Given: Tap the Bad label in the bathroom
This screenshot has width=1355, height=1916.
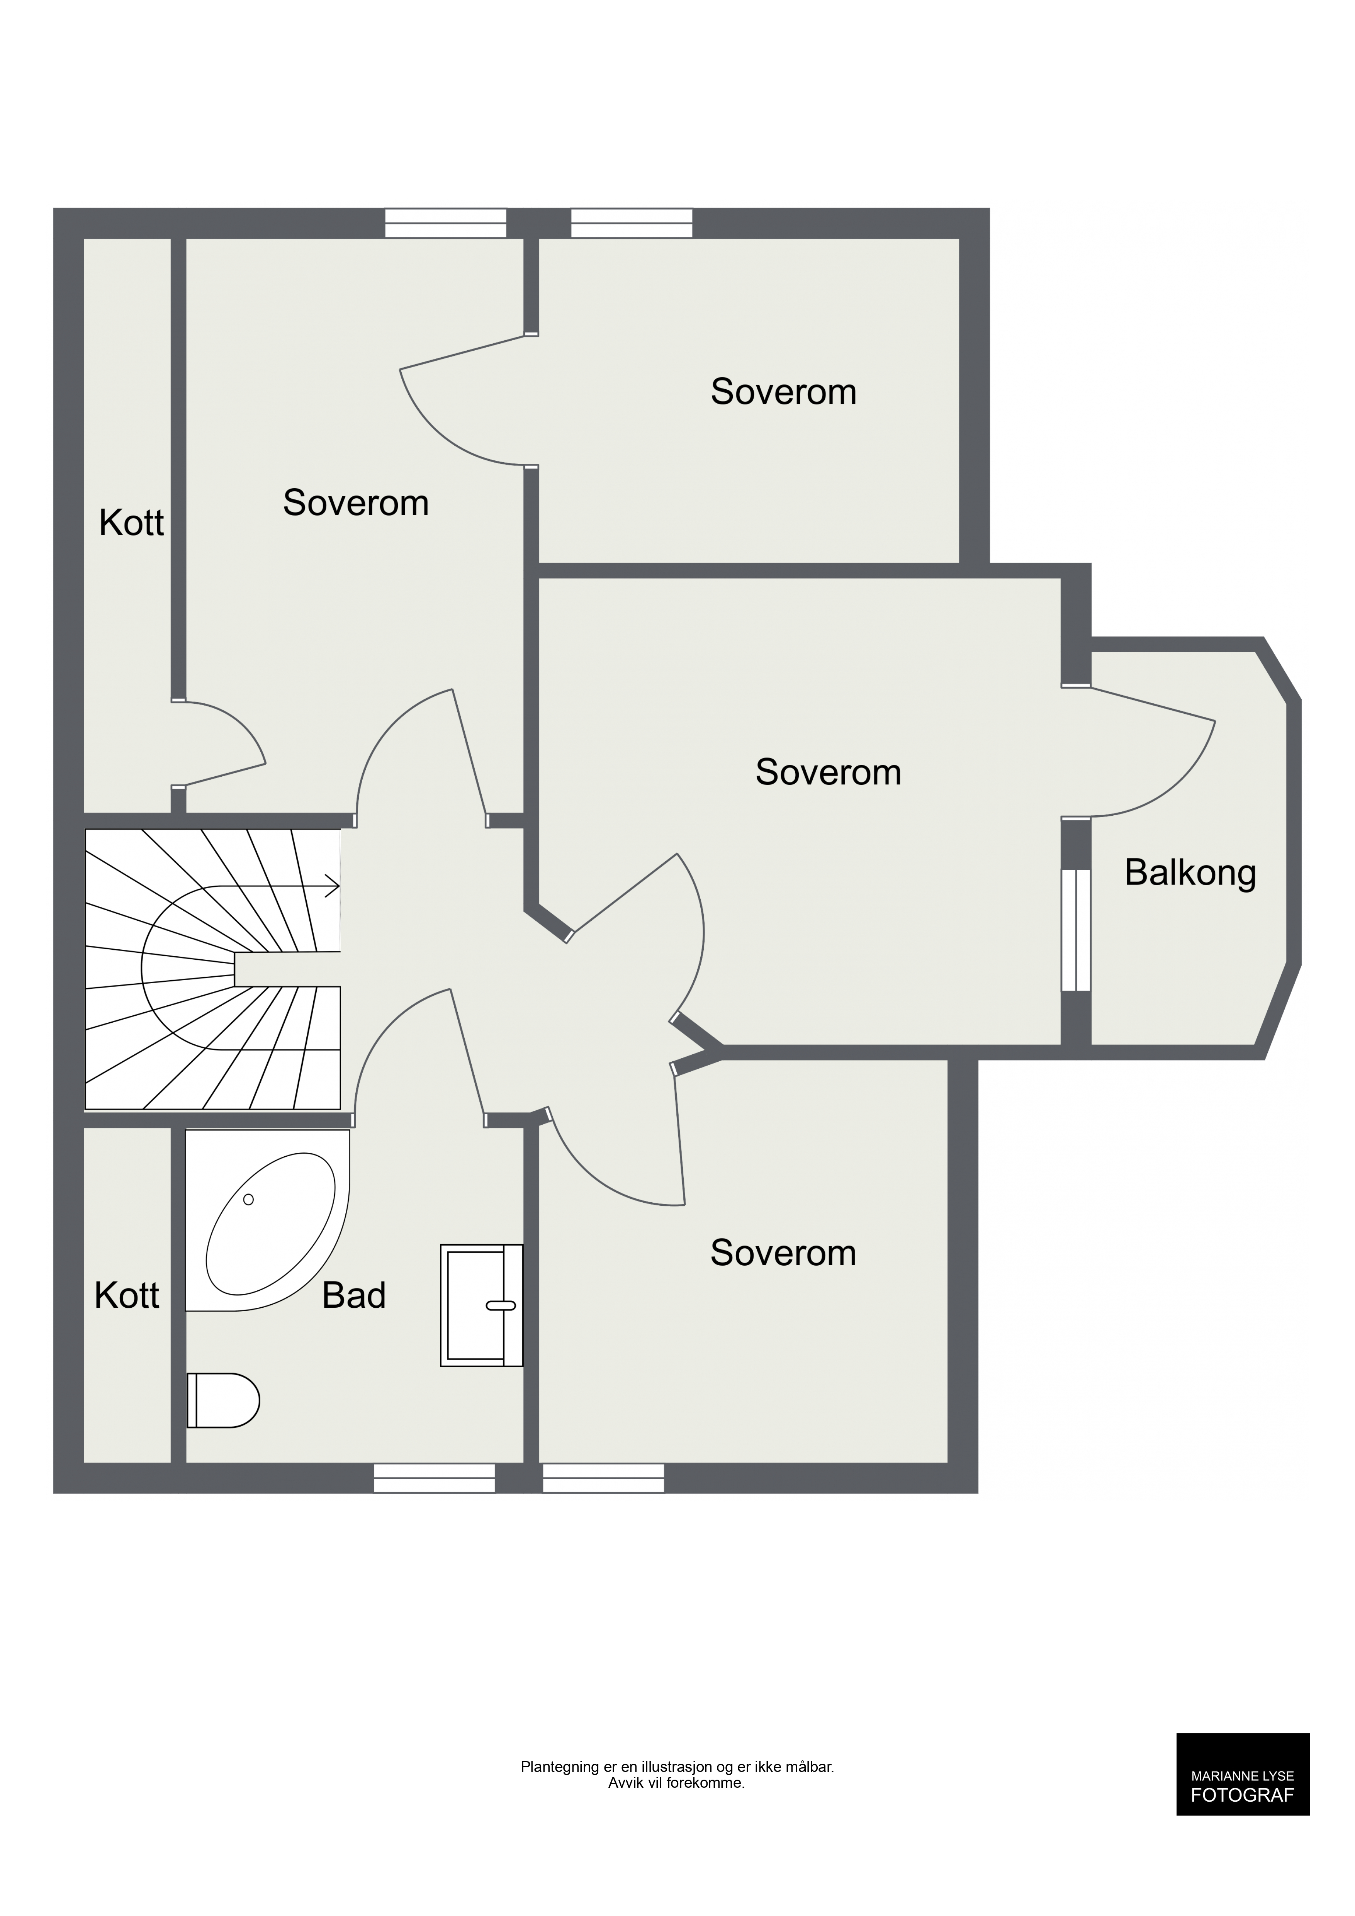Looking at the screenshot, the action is pos(354,1295).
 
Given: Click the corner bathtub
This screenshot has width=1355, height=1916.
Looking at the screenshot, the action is pos(267,1220).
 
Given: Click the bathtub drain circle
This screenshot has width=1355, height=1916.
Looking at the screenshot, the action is pos(248,1199).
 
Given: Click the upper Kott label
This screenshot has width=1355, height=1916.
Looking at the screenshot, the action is pos(131,523).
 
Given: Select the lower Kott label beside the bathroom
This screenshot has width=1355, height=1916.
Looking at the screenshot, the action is pos(127,1295).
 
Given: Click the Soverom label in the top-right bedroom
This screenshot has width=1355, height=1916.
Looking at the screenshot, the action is pos(783,391).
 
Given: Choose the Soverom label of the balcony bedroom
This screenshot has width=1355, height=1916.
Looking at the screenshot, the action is pos(828,772).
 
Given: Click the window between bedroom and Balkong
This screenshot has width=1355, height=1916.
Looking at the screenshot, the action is pos(1077,930).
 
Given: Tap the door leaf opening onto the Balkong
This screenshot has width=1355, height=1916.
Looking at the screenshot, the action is pos(1153,703).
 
